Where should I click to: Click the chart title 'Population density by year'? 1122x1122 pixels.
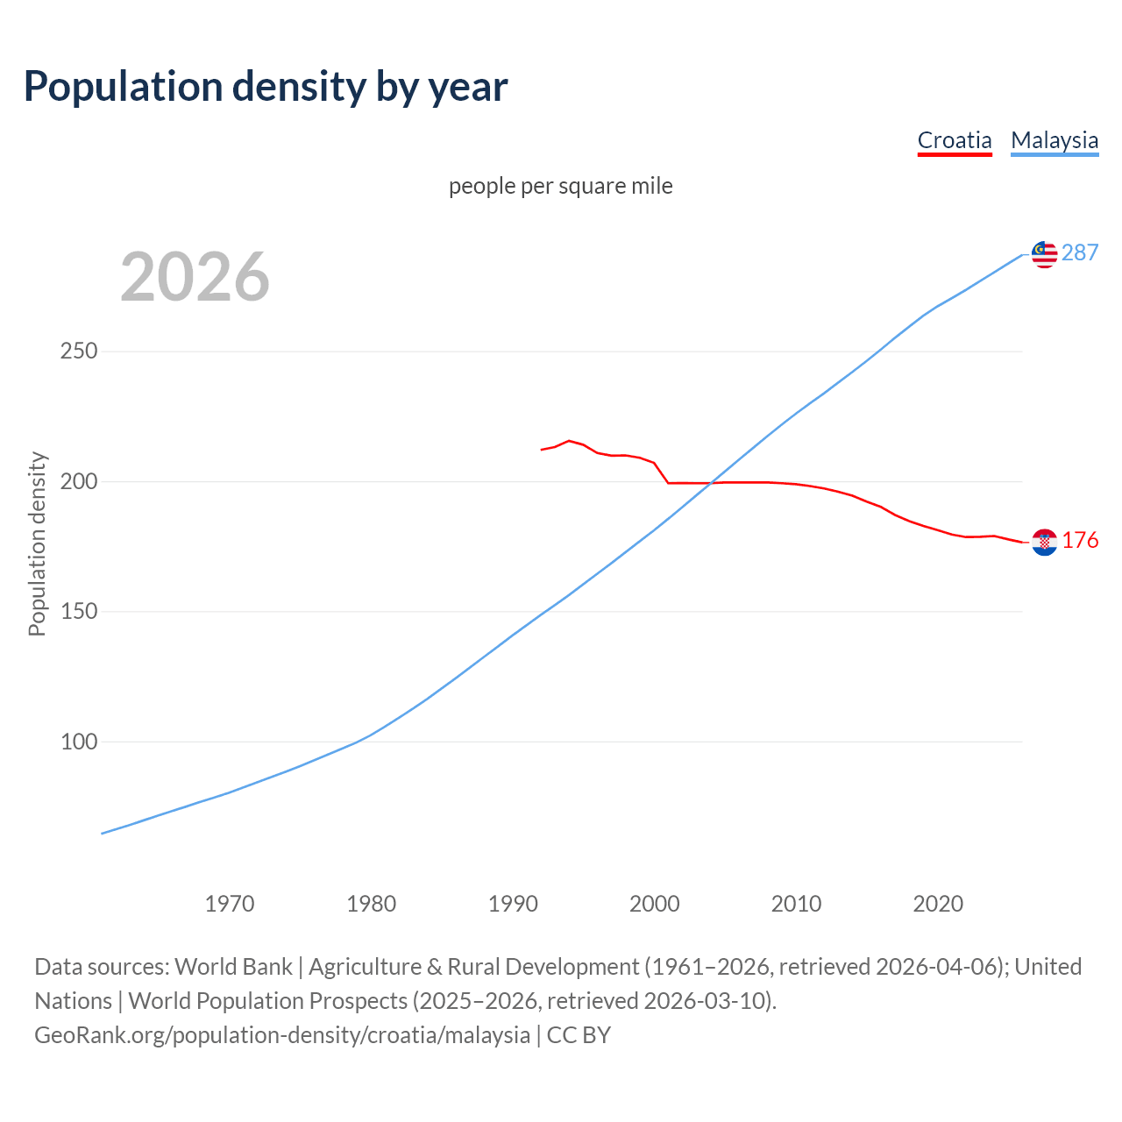tap(266, 87)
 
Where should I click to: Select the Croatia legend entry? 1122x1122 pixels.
tap(955, 140)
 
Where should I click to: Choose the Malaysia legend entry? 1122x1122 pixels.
tap(1055, 140)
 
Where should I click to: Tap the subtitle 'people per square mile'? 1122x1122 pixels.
tap(560, 187)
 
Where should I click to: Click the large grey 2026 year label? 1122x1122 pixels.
tap(195, 277)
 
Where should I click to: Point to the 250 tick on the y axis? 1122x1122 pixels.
tap(78, 352)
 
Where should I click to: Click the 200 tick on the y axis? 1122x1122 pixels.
tap(78, 481)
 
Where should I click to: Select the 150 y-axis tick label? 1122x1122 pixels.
tap(78, 612)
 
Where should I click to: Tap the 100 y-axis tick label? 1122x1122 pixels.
tap(78, 742)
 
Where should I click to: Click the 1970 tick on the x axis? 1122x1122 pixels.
tap(230, 904)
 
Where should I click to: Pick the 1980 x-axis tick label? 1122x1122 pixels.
tap(372, 904)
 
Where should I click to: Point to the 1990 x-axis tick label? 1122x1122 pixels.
tap(513, 904)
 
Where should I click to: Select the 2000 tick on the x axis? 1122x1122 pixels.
tap(655, 904)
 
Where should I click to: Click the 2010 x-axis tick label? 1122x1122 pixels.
tap(796, 904)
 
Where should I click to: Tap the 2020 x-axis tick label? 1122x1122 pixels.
tap(938, 904)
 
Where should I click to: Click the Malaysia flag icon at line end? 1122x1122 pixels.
tap(1044, 254)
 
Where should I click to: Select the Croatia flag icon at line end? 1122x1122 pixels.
tap(1044, 543)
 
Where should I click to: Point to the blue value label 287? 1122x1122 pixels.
tap(1080, 253)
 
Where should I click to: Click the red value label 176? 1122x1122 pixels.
tap(1080, 541)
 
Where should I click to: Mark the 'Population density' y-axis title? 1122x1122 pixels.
tap(37, 543)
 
